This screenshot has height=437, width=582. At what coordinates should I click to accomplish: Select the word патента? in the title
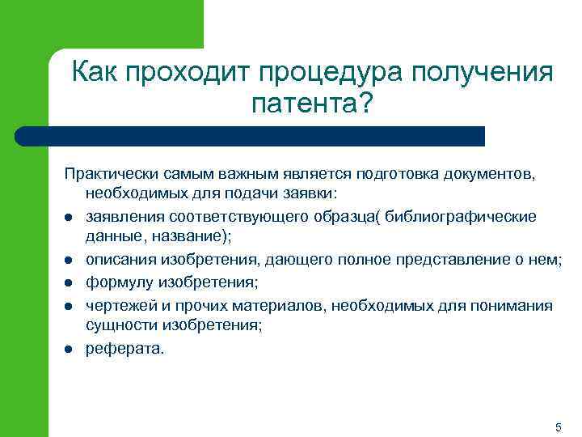click(313, 104)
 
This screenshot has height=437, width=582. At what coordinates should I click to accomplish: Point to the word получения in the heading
click(483, 73)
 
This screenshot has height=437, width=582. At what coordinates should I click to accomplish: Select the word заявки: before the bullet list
click(310, 196)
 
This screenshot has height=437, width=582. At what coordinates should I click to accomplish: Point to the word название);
click(185, 238)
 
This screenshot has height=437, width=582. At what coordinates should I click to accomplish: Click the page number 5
click(558, 426)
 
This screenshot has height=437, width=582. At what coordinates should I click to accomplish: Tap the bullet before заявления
click(70, 218)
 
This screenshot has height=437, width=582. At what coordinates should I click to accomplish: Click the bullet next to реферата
click(70, 350)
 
